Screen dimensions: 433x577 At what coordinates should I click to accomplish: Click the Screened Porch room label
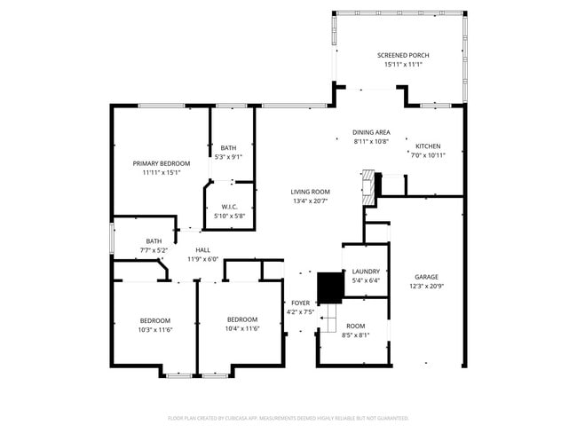402,55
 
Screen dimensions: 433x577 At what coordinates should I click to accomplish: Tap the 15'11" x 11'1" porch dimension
402,65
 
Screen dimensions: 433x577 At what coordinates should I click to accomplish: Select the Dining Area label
371,131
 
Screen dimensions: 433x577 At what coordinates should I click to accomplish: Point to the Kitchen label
428,146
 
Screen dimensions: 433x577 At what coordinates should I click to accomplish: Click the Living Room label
310,192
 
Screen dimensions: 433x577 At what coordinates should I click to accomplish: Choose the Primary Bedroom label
162,163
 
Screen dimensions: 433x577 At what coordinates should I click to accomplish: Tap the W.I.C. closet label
230,207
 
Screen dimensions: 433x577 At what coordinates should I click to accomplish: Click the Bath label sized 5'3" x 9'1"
229,148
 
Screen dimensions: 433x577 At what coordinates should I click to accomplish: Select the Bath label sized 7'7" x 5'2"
154,241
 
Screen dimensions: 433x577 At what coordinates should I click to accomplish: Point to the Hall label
203,250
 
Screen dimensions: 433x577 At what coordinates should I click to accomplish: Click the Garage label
427,277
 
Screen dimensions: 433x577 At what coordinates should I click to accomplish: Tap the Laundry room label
366,272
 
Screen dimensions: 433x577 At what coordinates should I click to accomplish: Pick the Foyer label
300,303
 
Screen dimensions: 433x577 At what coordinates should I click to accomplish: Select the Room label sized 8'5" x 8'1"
355,326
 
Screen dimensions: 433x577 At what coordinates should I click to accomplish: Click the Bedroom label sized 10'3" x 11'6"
154,320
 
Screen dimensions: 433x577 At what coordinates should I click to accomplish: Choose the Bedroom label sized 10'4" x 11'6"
241,319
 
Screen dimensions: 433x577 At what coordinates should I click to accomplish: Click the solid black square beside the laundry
330,285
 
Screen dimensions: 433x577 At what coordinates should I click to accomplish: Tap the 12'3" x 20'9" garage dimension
427,287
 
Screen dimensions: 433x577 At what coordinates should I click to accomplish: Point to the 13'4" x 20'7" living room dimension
310,201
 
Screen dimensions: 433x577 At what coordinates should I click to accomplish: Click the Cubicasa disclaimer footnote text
288,418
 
